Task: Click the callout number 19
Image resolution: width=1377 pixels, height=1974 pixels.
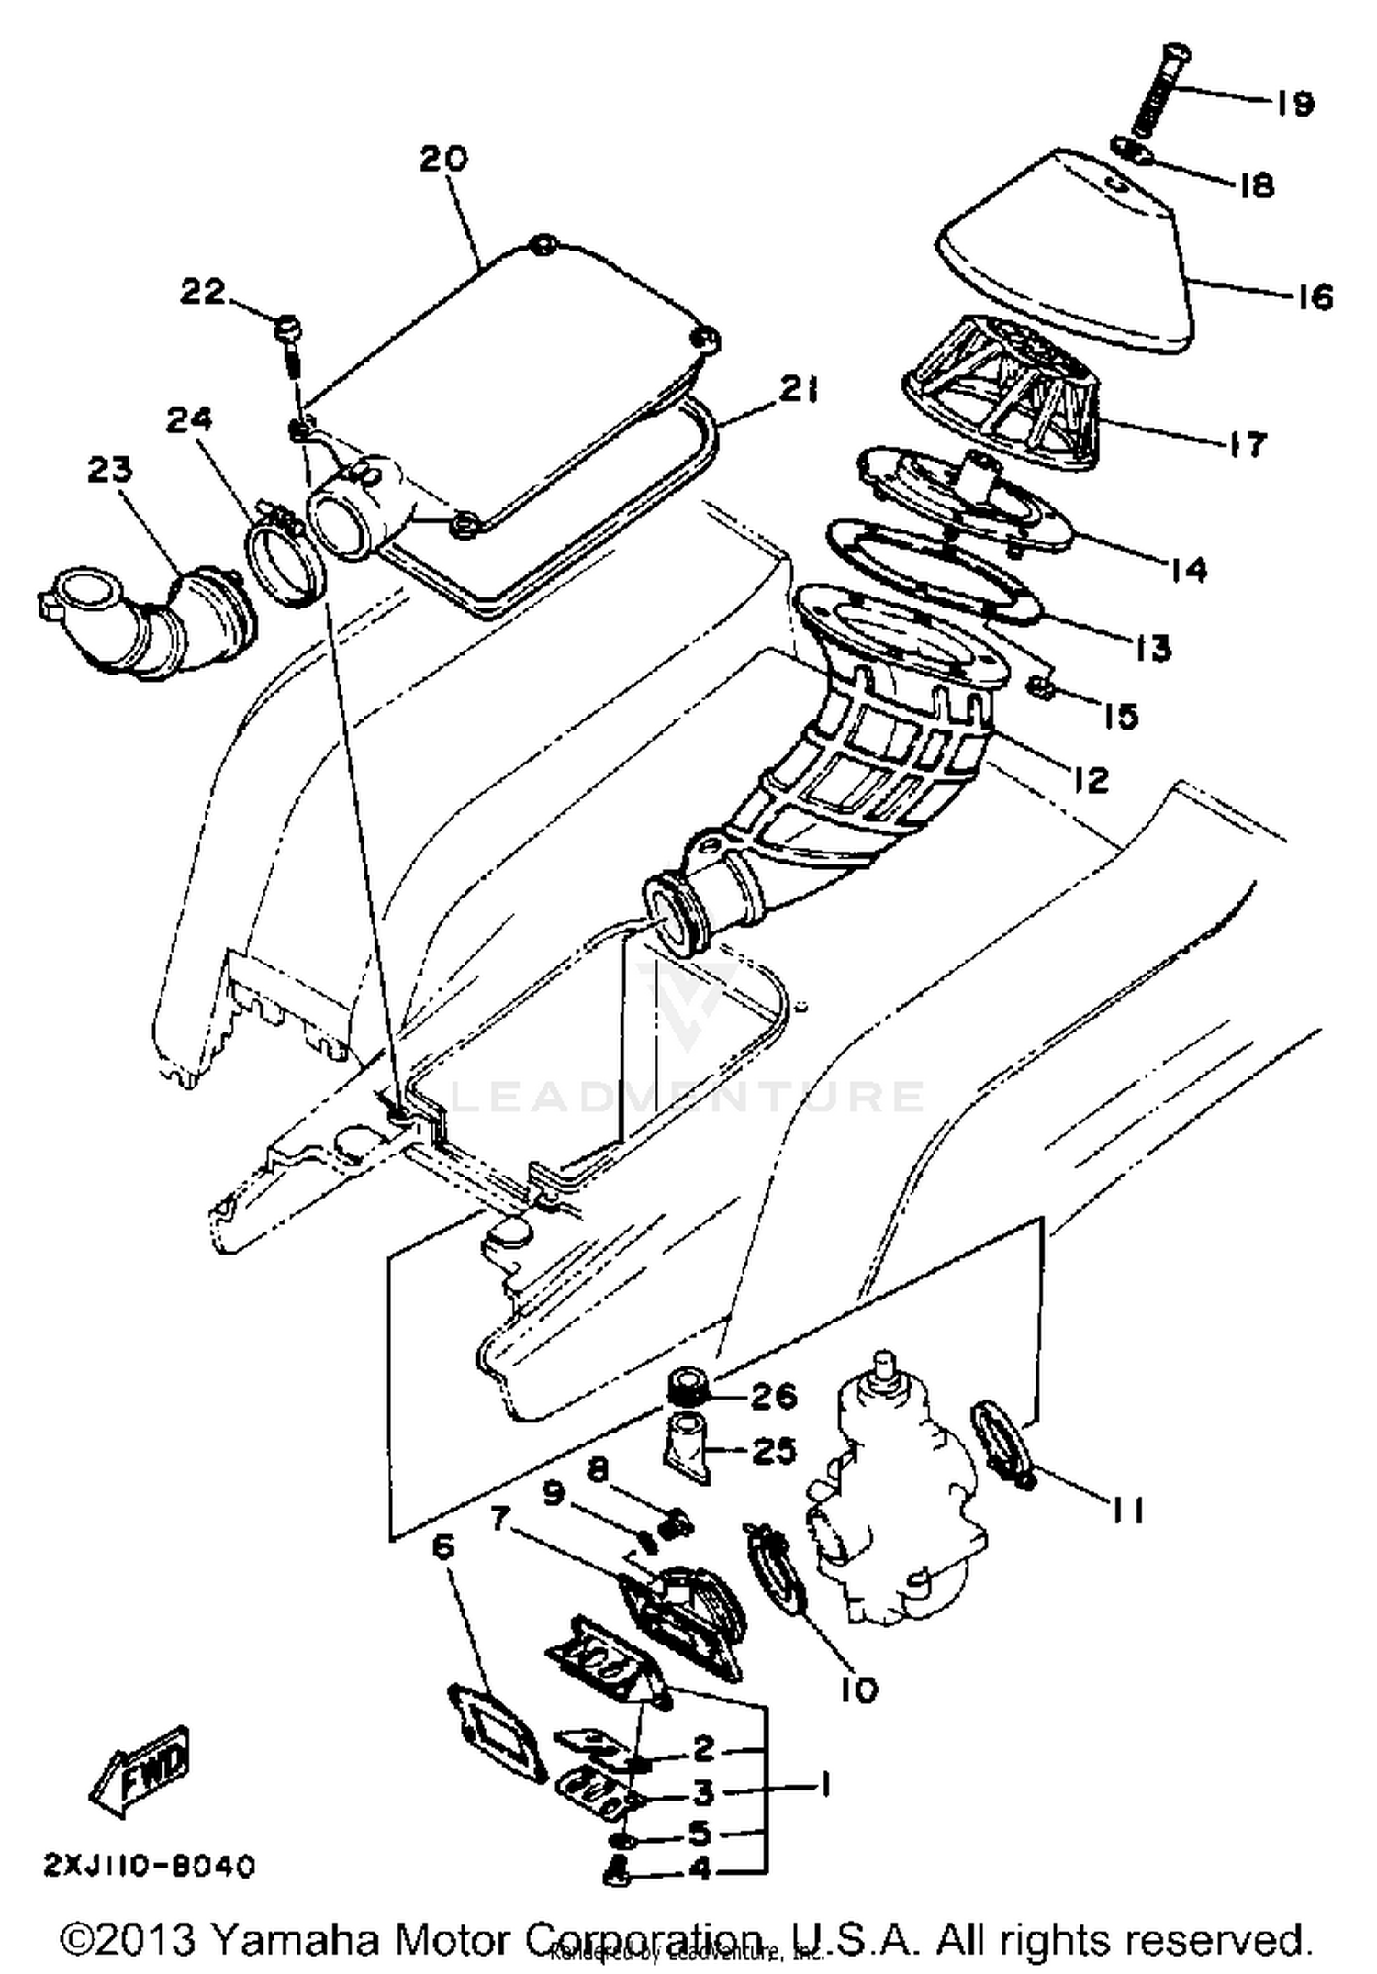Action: point(1293,103)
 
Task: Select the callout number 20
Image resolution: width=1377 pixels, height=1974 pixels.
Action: point(443,159)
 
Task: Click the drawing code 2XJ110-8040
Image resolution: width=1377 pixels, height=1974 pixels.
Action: point(149,1867)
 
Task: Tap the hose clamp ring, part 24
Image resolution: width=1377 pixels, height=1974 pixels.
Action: point(283,560)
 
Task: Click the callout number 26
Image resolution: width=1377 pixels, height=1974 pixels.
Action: point(774,1396)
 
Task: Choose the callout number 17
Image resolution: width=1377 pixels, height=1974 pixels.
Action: point(1247,444)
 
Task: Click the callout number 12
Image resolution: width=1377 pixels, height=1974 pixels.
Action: point(1089,779)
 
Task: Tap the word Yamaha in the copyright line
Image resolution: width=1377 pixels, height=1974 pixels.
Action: point(295,1941)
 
